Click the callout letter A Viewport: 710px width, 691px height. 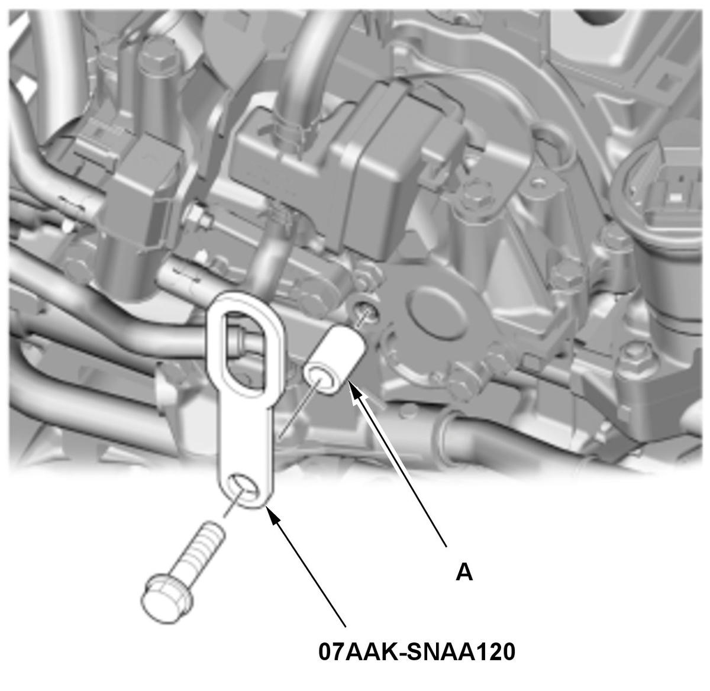(x=464, y=573)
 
